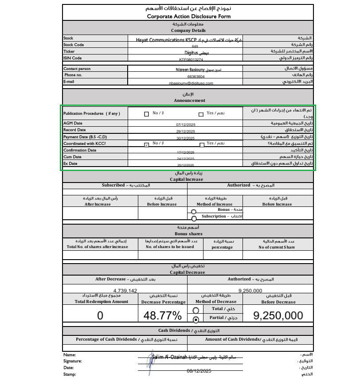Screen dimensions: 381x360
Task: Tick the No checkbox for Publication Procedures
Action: pos(147,114)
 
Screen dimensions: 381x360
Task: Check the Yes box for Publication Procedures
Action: pos(201,114)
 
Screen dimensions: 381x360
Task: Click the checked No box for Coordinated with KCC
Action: pos(147,144)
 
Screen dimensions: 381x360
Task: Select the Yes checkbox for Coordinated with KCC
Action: pos(202,144)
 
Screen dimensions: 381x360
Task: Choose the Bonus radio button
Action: pos(193,212)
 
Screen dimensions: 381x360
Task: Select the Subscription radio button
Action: pos(193,218)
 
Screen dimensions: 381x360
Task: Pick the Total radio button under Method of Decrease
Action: pos(196,311)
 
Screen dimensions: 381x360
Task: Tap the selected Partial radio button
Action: pos(196,319)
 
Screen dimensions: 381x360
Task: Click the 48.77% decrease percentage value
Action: pos(163,315)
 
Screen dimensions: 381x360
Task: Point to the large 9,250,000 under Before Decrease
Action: pos(278,315)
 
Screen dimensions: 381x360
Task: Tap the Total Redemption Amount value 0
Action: pos(100,315)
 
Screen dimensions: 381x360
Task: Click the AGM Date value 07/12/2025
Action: pos(186,125)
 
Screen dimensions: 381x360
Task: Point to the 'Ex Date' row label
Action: pos(70,163)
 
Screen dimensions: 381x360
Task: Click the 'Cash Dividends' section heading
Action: pos(188,330)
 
